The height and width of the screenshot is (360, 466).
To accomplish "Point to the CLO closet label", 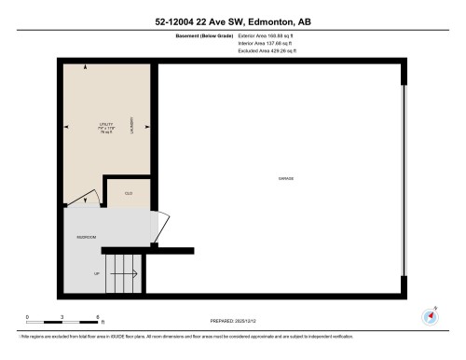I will tap(129, 194).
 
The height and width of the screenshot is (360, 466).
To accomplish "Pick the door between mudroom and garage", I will tap(160, 227).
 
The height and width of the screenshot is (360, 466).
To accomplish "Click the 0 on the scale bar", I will tap(27, 316).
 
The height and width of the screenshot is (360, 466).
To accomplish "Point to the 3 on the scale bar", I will tap(62, 316).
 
